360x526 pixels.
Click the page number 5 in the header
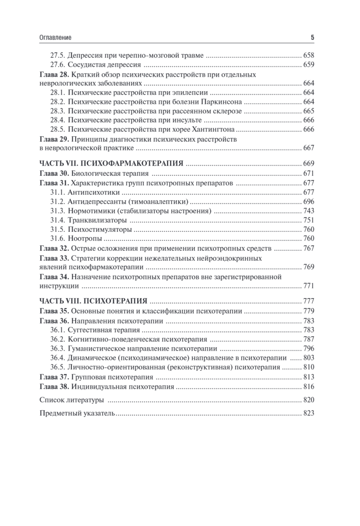point(312,38)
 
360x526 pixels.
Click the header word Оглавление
point(56,38)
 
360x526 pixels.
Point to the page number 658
point(309,56)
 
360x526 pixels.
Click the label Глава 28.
point(54,75)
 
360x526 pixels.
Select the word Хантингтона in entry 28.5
point(215,129)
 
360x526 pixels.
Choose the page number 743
point(309,211)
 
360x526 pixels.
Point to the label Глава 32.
point(54,248)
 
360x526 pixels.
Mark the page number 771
point(309,286)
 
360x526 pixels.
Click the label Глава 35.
point(54,311)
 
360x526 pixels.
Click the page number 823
point(309,413)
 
